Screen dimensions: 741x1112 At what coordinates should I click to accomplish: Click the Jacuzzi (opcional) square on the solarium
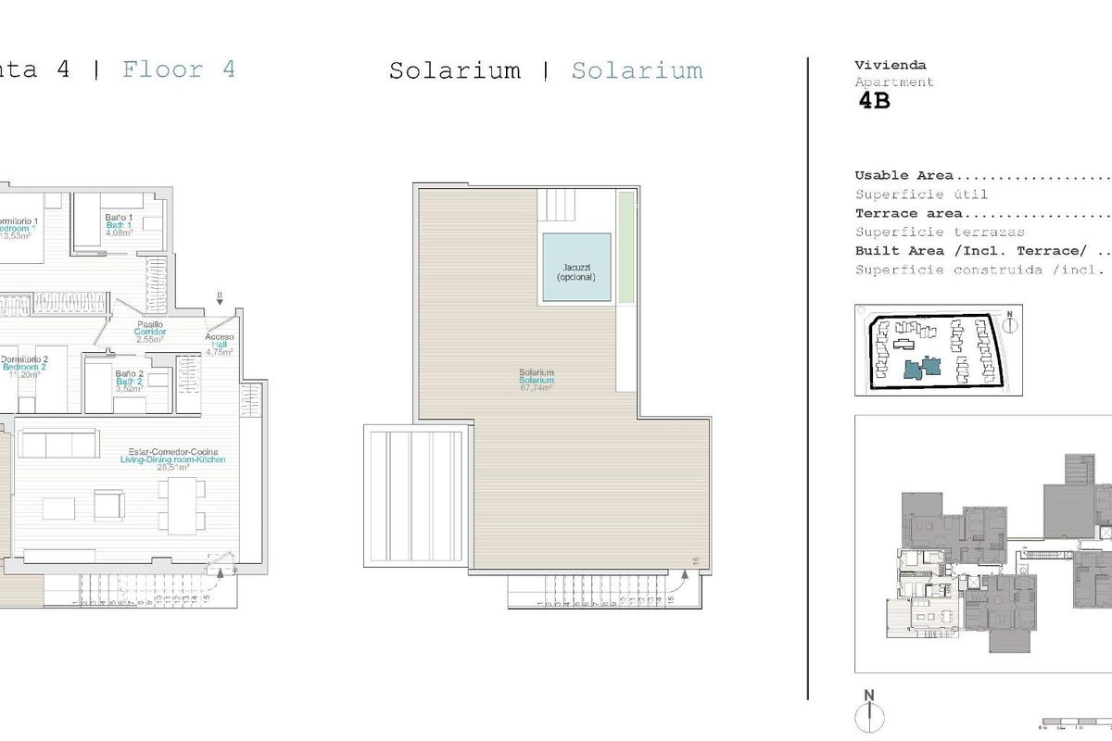576,267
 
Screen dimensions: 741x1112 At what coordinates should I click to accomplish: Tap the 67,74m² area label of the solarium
537,388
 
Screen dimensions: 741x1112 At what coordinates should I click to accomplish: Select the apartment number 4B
874,102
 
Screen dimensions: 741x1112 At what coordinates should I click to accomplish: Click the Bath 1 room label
119,225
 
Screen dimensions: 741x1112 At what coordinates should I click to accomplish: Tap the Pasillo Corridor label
149,331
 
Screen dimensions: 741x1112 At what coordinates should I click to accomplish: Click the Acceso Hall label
220,345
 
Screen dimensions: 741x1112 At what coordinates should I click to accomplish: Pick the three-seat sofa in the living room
59,446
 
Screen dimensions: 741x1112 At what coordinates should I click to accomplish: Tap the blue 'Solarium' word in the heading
637,70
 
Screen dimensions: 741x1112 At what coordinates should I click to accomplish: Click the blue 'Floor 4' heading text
179,69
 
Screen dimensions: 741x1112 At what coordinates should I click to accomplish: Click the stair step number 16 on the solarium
695,559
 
